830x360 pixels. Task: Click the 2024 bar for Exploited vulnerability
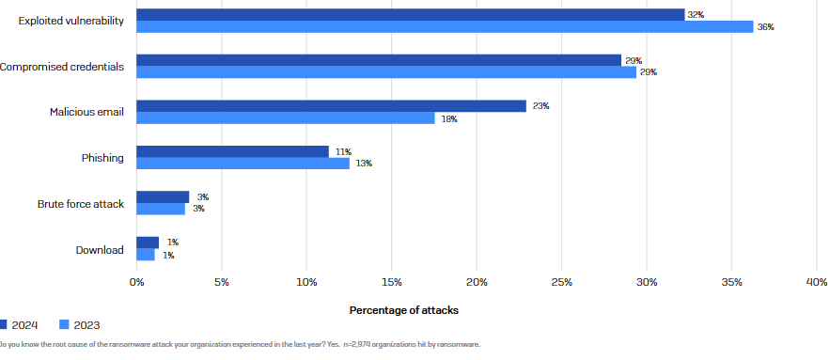point(410,15)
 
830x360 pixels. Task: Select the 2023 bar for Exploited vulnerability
point(445,27)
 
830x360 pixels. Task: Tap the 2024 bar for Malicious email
point(331,106)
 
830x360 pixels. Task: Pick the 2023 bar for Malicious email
point(286,118)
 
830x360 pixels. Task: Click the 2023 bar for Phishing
point(243,164)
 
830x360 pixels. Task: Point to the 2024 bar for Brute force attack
point(163,197)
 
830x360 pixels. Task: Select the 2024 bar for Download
point(148,243)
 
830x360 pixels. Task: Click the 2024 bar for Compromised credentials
point(379,60)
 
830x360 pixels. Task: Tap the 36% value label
point(766,27)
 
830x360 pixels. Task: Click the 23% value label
point(540,106)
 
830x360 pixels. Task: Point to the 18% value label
point(449,118)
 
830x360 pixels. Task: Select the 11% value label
point(343,151)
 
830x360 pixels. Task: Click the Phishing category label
point(102,158)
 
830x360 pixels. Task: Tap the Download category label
point(100,249)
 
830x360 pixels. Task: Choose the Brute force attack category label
point(81,204)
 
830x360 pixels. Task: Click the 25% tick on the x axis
point(561,281)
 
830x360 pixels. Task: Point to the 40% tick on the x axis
point(816,281)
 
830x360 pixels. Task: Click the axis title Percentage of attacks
point(404,309)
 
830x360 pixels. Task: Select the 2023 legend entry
point(79,325)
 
